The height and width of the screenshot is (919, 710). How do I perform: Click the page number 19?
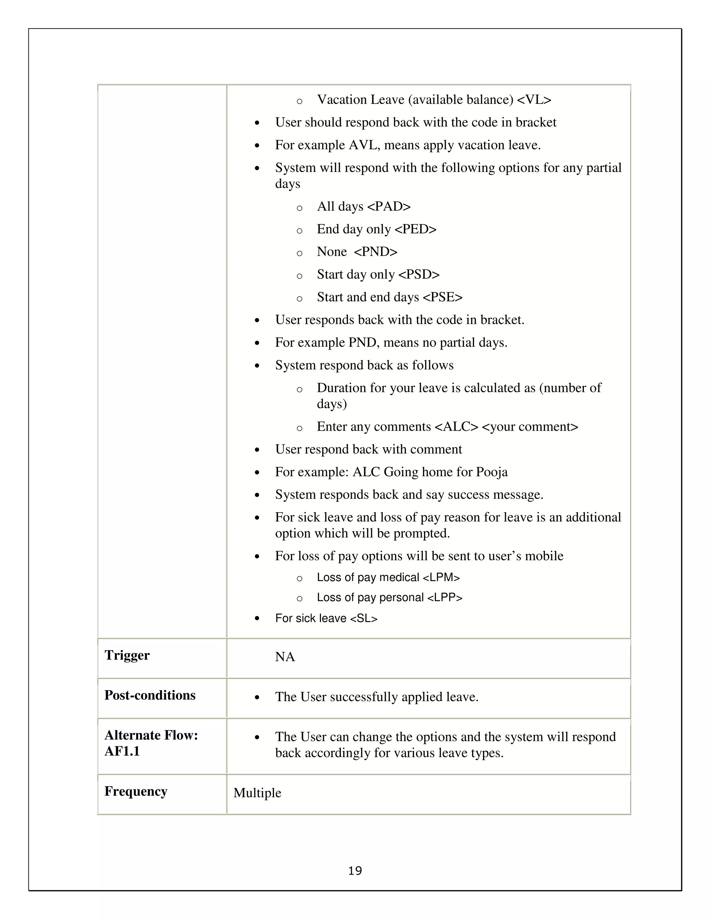[x=355, y=870]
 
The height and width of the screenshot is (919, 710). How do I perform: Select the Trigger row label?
[x=127, y=655]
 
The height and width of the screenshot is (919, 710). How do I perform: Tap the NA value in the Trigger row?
[x=285, y=657]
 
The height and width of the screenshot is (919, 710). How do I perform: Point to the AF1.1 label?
[x=122, y=751]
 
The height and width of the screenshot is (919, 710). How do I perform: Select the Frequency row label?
[x=136, y=791]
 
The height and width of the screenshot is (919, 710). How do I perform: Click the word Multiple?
[x=257, y=793]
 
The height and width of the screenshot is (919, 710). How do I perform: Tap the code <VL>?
[x=534, y=100]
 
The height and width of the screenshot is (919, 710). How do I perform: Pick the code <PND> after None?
[x=375, y=252]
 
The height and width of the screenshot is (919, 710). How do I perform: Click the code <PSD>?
[x=418, y=274]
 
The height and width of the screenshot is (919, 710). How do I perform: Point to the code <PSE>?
[x=442, y=297]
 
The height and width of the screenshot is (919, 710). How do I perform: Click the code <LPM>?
[x=441, y=577]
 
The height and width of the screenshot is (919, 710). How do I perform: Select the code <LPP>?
[x=444, y=598]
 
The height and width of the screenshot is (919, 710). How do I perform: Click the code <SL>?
[x=363, y=618]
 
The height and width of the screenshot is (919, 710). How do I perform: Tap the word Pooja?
[x=492, y=472]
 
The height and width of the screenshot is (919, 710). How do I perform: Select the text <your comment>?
[x=530, y=427]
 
